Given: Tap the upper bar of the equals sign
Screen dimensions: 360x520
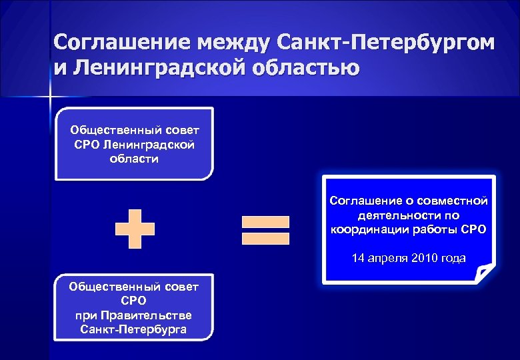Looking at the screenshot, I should pos(265,221).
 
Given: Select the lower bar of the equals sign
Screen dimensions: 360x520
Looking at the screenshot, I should pos(265,237).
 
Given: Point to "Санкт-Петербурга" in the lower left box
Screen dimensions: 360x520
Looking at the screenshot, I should pos(134,329).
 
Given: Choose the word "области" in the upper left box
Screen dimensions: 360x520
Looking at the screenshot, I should pos(134,159).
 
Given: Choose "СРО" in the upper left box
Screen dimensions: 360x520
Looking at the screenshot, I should pos(87,145).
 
